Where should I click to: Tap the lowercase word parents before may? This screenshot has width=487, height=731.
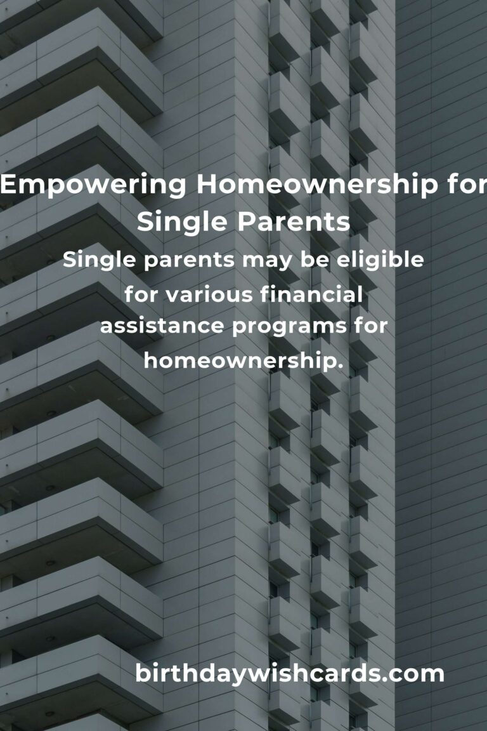tap(189, 261)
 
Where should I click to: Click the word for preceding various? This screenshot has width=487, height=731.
tap(142, 294)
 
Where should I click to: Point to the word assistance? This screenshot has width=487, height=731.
tap(162, 326)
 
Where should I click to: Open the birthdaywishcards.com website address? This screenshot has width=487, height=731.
tap(289, 673)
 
